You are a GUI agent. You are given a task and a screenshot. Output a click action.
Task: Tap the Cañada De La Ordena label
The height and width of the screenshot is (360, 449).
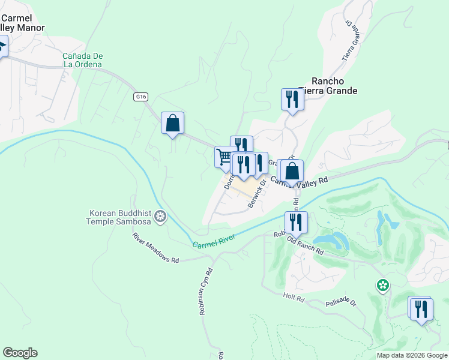tap(82, 61)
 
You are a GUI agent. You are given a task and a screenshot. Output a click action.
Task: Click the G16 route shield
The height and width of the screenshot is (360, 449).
tap(140, 96)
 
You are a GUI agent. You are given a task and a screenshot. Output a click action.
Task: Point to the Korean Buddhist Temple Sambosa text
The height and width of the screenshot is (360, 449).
tap(120, 217)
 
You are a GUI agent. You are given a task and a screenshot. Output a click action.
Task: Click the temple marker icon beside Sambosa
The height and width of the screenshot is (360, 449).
tap(160, 216)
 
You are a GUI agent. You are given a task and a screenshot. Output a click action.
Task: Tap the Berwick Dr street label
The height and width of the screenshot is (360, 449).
tap(257, 196)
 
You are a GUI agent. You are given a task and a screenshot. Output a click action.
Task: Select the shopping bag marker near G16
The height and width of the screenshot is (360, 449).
tap(172, 122)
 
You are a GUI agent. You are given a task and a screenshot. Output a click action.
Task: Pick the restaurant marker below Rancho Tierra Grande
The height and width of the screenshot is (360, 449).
tap(292, 99)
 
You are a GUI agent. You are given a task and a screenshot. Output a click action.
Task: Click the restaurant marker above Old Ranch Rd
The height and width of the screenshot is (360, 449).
tap(296, 222)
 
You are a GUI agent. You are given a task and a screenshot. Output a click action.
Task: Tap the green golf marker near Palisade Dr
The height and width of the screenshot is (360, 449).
tap(382, 285)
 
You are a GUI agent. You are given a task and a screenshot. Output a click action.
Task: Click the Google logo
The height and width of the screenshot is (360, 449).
tap(20, 353)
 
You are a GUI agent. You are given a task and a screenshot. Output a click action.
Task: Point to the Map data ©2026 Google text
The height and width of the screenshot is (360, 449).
tap(412, 355)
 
